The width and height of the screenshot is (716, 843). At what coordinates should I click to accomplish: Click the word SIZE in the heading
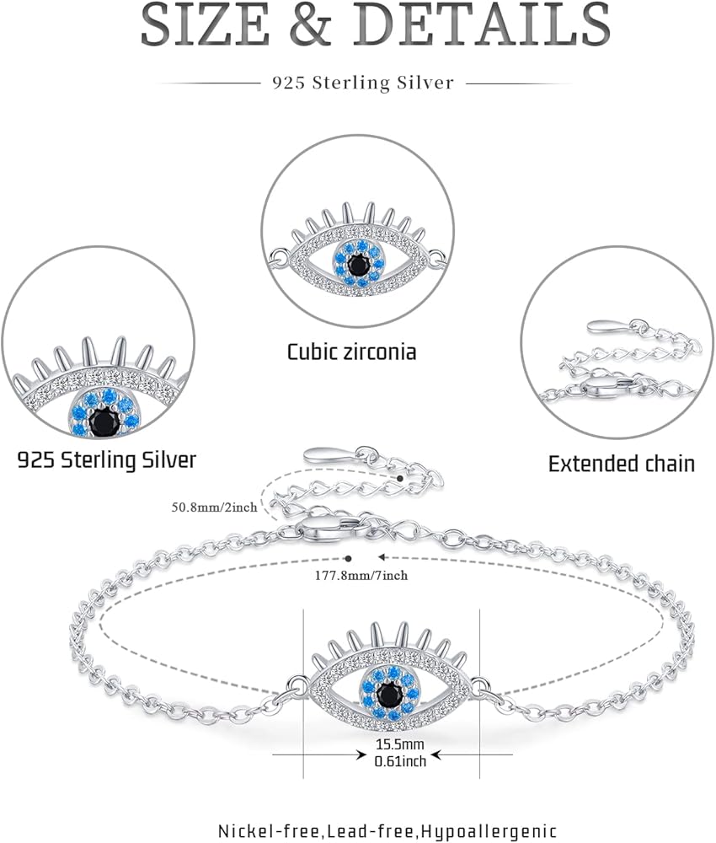pyautogui.click(x=205, y=24)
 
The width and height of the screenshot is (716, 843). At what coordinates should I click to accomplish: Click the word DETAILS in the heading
pyautogui.click(x=482, y=24)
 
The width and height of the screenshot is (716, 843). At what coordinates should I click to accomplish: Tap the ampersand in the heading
pyautogui.click(x=311, y=24)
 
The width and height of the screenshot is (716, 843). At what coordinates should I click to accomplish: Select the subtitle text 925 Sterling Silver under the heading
pyautogui.click(x=362, y=83)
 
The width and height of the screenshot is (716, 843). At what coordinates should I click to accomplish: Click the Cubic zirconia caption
pyautogui.click(x=352, y=352)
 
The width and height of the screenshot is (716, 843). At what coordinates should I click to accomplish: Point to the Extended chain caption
pyautogui.click(x=622, y=464)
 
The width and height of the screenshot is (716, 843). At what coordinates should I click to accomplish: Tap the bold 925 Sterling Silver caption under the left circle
pyautogui.click(x=107, y=460)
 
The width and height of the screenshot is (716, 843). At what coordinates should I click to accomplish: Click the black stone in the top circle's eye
pyautogui.click(x=357, y=264)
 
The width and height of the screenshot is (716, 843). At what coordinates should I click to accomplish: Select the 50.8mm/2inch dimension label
pyautogui.click(x=214, y=507)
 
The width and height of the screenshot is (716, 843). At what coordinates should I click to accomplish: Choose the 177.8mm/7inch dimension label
pyautogui.click(x=361, y=576)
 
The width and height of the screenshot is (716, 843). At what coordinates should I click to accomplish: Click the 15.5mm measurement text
pyautogui.click(x=399, y=744)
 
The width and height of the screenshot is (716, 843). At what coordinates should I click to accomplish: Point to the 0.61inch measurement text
pyautogui.click(x=400, y=760)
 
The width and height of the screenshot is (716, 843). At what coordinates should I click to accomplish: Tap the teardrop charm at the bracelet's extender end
pyautogui.click(x=329, y=455)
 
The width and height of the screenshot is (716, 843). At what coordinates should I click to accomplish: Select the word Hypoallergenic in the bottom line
pyautogui.click(x=489, y=831)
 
